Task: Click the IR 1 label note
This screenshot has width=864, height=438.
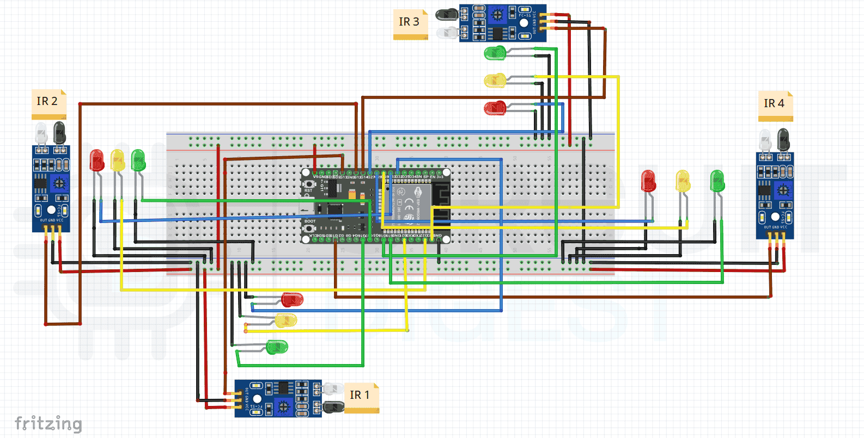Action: [361, 396]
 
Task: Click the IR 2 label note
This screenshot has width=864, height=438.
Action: [48, 102]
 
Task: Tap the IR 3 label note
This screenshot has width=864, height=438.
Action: [410, 23]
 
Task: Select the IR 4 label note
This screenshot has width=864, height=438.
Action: [775, 104]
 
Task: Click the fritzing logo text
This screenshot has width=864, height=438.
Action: [48, 423]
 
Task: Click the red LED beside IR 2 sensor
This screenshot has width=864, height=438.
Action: [97, 160]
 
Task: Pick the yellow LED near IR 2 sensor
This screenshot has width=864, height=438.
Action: [118, 160]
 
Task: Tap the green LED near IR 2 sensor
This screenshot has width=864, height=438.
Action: [138, 160]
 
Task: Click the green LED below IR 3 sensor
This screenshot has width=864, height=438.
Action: [495, 53]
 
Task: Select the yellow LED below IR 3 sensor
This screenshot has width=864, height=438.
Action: [495, 81]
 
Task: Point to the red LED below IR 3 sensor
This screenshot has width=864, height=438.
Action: [495, 108]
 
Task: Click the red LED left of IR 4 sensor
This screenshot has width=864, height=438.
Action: [648, 181]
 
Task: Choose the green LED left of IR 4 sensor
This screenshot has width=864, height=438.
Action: [717, 181]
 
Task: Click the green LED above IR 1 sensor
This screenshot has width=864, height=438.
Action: [277, 347]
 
